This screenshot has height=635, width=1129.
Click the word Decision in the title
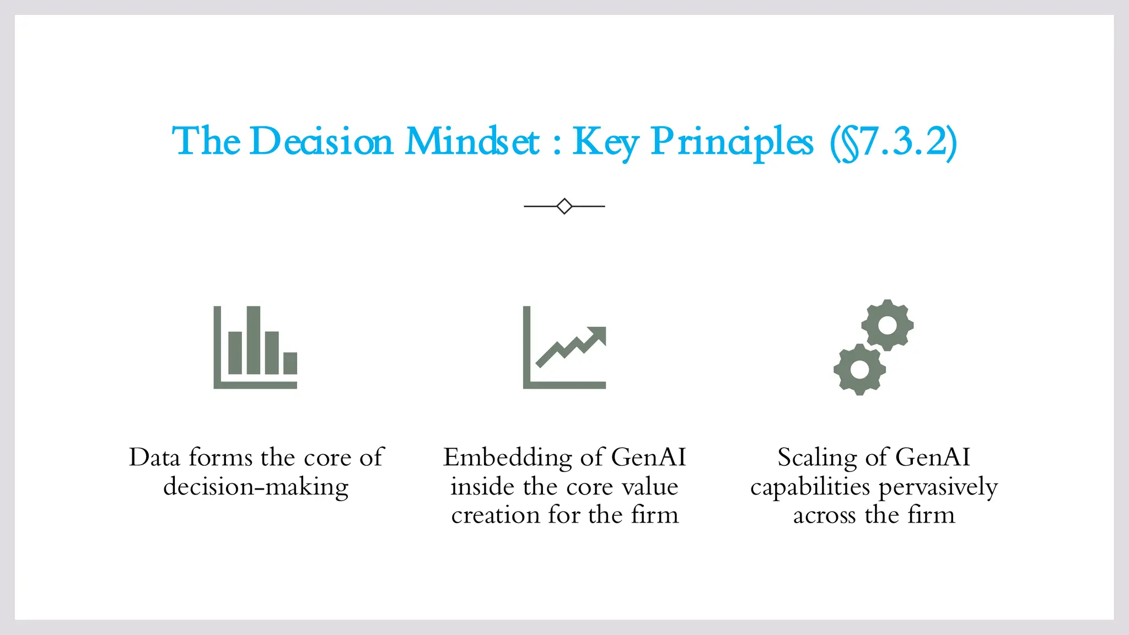click(321, 142)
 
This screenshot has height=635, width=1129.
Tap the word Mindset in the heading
click(472, 142)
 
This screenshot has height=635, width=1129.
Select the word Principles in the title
click(732, 142)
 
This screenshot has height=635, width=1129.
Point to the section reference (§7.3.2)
click(894, 142)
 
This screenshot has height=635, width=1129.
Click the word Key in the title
click(605, 142)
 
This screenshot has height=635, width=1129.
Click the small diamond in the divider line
click(564, 206)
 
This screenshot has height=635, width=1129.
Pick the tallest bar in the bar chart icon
click(254, 340)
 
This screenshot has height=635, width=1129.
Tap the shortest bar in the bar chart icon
click(291, 363)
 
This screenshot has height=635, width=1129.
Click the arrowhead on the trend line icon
click(598, 334)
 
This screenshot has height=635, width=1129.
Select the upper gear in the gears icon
click(887, 325)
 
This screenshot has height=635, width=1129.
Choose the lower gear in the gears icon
click(859, 369)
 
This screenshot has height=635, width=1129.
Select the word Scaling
click(817, 458)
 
